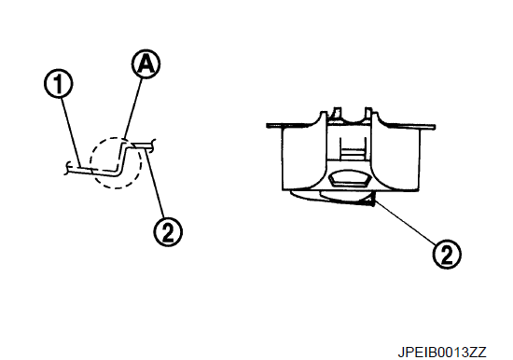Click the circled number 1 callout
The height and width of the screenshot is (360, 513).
point(59,83)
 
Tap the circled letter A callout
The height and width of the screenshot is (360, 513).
point(146,64)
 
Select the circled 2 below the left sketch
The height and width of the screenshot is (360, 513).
point(168,231)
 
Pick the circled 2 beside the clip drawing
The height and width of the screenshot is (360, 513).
point(447,255)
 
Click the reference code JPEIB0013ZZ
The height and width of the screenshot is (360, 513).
point(442,353)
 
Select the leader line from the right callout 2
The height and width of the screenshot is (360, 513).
point(405,223)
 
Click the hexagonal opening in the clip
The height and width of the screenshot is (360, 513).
point(349,179)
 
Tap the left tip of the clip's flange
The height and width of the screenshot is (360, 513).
point(268,125)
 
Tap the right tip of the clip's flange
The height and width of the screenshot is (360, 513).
point(434,127)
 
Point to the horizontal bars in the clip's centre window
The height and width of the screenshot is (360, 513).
point(353,152)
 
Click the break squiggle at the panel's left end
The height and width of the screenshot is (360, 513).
point(67,168)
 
